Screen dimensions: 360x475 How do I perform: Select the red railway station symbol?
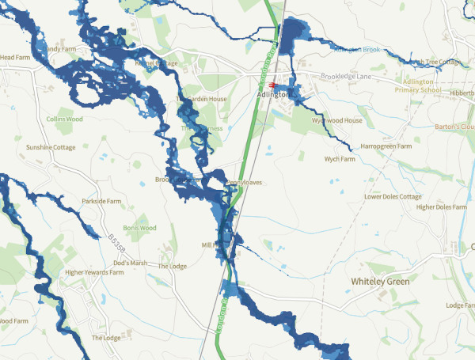click(x=273, y=84)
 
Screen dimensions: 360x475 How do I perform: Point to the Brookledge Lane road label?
click(x=347, y=78)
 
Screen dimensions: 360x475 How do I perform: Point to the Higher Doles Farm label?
click(x=442, y=207)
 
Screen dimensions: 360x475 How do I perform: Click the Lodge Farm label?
click(x=460, y=305)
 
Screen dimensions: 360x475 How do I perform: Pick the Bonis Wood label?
click(x=139, y=228)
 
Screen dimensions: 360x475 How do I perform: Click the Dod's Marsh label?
click(x=131, y=263)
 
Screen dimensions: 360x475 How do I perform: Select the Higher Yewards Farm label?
click(x=94, y=272)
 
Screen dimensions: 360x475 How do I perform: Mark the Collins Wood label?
click(x=64, y=119)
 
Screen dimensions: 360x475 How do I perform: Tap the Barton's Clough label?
click(x=454, y=127)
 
